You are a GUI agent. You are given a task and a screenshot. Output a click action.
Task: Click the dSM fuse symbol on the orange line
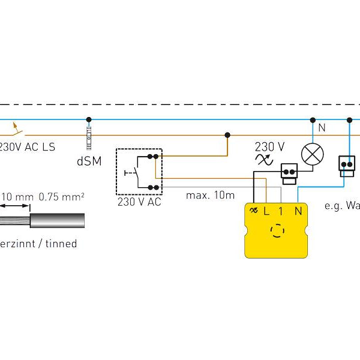[88, 135]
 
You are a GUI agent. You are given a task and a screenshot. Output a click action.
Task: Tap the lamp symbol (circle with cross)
[312, 154]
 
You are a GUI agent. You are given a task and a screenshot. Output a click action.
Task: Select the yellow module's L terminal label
[266, 211]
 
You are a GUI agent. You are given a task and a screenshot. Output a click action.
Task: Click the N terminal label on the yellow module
[298, 211]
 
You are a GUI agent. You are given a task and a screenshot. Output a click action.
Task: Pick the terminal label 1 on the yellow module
[281, 211]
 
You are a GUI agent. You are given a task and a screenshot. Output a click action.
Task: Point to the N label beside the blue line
[322, 127]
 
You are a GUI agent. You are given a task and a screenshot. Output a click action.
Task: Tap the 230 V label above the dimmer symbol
[269, 146]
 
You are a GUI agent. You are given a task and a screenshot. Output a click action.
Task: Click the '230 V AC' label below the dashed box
[139, 202]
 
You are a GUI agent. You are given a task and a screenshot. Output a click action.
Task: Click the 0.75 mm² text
[61, 196]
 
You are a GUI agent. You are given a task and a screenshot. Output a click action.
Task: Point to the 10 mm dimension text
[16, 196]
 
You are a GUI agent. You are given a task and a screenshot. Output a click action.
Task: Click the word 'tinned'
[59, 244]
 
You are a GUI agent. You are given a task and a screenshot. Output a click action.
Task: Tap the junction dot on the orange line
[227, 135]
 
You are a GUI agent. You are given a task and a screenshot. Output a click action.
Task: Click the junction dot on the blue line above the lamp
[312, 119]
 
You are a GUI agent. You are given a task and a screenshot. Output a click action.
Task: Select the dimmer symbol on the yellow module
[253, 211]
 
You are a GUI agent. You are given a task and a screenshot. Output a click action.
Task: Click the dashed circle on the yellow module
[277, 230]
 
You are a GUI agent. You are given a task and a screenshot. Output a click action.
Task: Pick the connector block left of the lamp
[290, 171]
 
